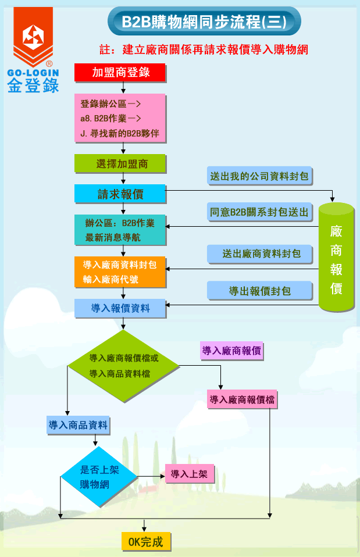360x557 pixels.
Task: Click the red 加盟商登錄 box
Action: (x=120, y=72)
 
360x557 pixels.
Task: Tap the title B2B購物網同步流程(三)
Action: (x=204, y=22)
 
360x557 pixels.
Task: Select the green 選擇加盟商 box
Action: (x=120, y=164)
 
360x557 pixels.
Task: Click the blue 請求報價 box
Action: (x=120, y=194)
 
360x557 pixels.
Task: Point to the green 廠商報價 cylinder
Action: (x=336, y=256)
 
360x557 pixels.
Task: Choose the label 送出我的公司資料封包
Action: (x=259, y=176)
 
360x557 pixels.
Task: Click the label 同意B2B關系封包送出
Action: (x=259, y=212)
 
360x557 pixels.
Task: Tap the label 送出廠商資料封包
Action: (x=259, y=253)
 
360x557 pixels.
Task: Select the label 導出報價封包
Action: (x=259, y=291)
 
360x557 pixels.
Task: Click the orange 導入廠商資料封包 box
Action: (x=120, y=272)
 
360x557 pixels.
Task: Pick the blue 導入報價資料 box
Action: (x=120, y=308)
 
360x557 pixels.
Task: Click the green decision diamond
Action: (x=123, y=366)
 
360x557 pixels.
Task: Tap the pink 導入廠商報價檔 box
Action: (x=242, y=399)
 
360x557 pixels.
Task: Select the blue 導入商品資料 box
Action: (x=78, y=425)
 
